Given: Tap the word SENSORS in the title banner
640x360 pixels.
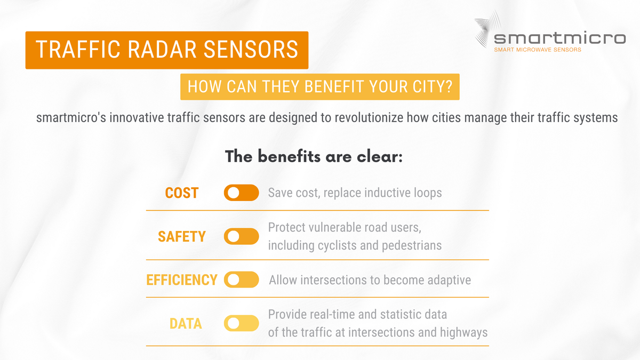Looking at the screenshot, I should pyautogui.click(x=250, y=50).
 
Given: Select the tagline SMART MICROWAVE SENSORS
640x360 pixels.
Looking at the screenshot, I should pyautogui.click(x=538, y=50).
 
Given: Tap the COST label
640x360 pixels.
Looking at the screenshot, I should pyautogui.click(x=182, y=193).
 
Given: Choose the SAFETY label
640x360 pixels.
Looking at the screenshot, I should pyautogui.click(x=182, y=236).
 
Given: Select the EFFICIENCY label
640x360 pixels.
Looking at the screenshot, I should pyautogui.click(x=182, y=280).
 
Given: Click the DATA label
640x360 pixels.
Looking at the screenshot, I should pyautogui.click(x=185, y=323).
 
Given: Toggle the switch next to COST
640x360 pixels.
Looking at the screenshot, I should pyautogui.click(x=241, y=193).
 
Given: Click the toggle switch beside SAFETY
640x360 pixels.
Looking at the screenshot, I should pyautogui.click(x=241, y=236).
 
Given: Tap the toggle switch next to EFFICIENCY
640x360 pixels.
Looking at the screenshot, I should pyautogui.click(x=241, y=279).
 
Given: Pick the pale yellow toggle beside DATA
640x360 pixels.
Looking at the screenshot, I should pyautogui.click(x=241, y=323).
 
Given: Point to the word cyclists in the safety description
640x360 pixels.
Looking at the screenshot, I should pyautogui.click(x=331, y=246).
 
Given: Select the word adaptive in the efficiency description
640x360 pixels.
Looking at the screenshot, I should pyautogui.click(x=447, y=280).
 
